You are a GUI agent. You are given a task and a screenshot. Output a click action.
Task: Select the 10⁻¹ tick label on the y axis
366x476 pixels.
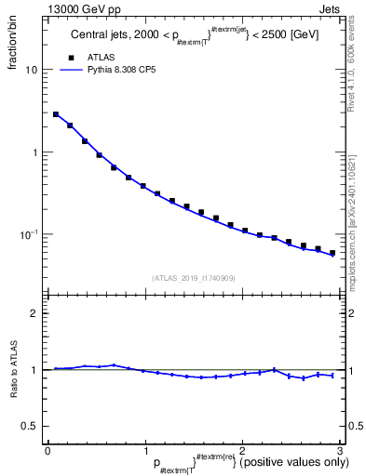28,234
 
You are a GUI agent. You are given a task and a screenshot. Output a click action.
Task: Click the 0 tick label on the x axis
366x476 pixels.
47,450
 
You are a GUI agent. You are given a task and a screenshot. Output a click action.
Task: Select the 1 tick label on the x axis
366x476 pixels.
144,450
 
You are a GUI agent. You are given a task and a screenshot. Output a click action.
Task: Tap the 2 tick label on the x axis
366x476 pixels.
242,450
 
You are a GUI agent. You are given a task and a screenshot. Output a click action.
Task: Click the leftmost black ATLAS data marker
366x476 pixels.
56,114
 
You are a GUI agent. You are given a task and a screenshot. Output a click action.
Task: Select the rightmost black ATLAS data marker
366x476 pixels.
332,252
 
